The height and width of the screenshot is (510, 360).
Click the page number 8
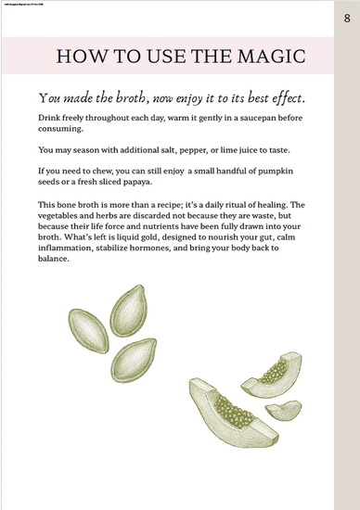coord(346,18)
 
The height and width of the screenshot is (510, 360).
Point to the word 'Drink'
coord(52,120)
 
